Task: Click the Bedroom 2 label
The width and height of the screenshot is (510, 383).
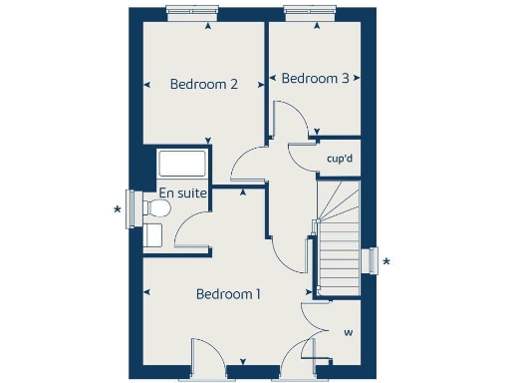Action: pyautogui.click(x=203, y=85)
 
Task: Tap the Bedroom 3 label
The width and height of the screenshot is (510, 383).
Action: pyautogui.click(x=315, y=78)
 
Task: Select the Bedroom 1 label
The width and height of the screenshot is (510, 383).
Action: pyautogui.click(x=228, y=294)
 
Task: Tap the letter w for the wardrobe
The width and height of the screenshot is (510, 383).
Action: pyautogui.click(x=348, y=332)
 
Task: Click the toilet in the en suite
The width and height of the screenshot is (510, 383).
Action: pyautogui.click(x=153, y=207)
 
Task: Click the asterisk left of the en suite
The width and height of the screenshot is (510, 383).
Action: pyautogui.click(x=119, y=209)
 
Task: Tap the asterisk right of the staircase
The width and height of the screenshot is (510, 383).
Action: pyautogui.click(x=387, y=262)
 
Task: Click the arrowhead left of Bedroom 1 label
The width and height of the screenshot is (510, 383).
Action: pyautogui.click(x=146, y=293)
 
